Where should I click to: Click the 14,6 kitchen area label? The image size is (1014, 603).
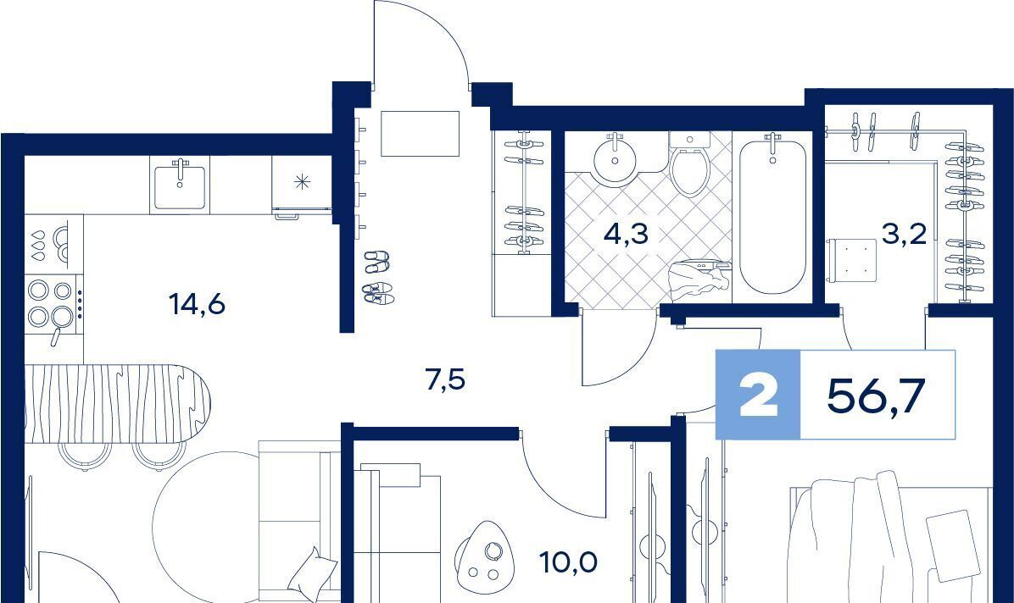pos(197,303)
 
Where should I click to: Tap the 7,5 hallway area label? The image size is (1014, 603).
pos(446,379)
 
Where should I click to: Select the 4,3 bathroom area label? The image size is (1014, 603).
pos(626,234)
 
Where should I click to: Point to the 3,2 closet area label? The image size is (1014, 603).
pos(904,234)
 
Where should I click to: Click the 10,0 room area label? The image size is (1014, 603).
pos(569,562)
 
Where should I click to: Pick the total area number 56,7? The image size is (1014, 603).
pos(877,395)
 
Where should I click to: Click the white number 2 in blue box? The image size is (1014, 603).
pos(759,396)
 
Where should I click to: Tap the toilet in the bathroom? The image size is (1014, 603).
pos(690,164)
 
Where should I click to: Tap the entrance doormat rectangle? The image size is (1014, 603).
pos(420,134)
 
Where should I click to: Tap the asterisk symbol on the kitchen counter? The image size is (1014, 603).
pos(301,182)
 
